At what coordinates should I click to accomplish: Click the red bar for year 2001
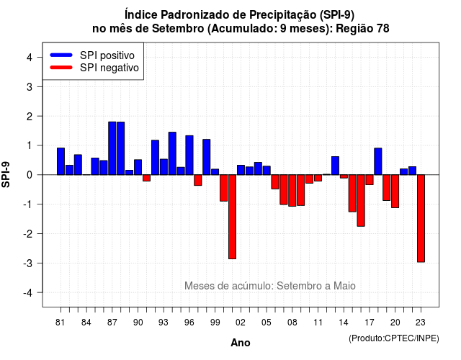point(232,217)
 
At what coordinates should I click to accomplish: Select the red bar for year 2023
point(421,218)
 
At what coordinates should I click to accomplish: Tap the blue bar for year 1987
point(112,148)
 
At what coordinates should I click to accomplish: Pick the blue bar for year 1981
point(61,161)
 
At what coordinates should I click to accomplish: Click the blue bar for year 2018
point(378,161)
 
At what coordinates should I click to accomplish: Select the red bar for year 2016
point(361,201)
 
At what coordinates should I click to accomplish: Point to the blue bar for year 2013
point(335,166)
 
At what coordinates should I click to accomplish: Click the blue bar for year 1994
point(172,153)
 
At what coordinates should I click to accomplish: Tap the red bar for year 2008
point(292,190)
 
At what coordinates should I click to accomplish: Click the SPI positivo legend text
point(107,55)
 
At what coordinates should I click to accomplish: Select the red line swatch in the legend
point(61,68)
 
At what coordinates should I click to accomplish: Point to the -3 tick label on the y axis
point(29,263)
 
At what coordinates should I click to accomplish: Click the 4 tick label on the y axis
point(30,58)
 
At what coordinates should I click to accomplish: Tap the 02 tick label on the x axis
point(240,323)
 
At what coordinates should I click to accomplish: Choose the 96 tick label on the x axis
point(189,323)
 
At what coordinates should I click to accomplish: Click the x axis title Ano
point(241,343)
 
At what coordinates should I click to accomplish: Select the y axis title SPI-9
point(6,174)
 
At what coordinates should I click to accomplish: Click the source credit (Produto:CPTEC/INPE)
point(394,338)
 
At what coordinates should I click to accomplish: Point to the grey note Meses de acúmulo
point(270,286)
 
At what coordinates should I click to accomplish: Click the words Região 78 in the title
point(362,29)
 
